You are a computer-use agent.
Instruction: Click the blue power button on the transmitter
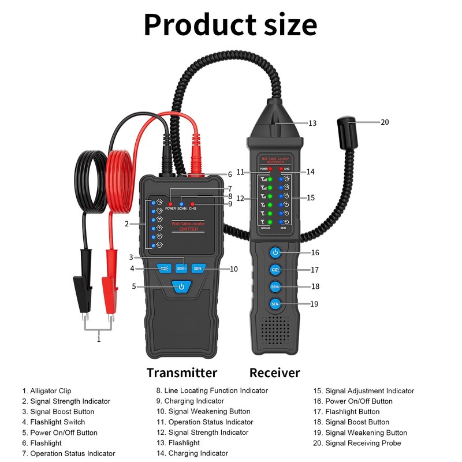181,286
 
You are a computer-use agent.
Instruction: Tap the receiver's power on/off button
275,252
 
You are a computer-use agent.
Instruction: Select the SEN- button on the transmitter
198,268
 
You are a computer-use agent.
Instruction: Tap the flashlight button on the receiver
275,269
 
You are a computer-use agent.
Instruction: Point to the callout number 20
385,122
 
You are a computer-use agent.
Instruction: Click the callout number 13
312,123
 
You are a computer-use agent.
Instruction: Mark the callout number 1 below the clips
99,340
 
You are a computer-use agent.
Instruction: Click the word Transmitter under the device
182,372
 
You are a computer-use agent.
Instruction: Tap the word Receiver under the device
275,372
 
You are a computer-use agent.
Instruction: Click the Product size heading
230,25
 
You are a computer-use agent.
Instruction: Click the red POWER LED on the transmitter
171,204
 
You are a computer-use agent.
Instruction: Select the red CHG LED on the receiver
281,169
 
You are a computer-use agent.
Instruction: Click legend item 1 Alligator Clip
47,391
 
